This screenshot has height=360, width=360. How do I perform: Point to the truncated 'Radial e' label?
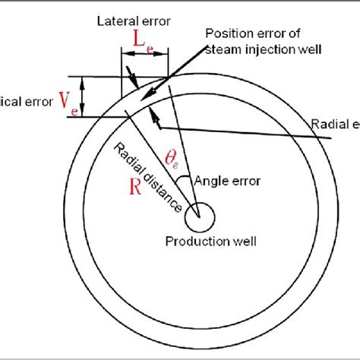334,124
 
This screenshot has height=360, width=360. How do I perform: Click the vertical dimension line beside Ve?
84,96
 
